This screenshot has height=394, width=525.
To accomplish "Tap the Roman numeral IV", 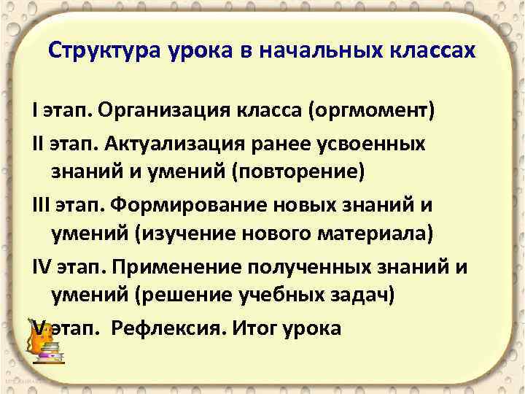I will coord(42,267).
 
